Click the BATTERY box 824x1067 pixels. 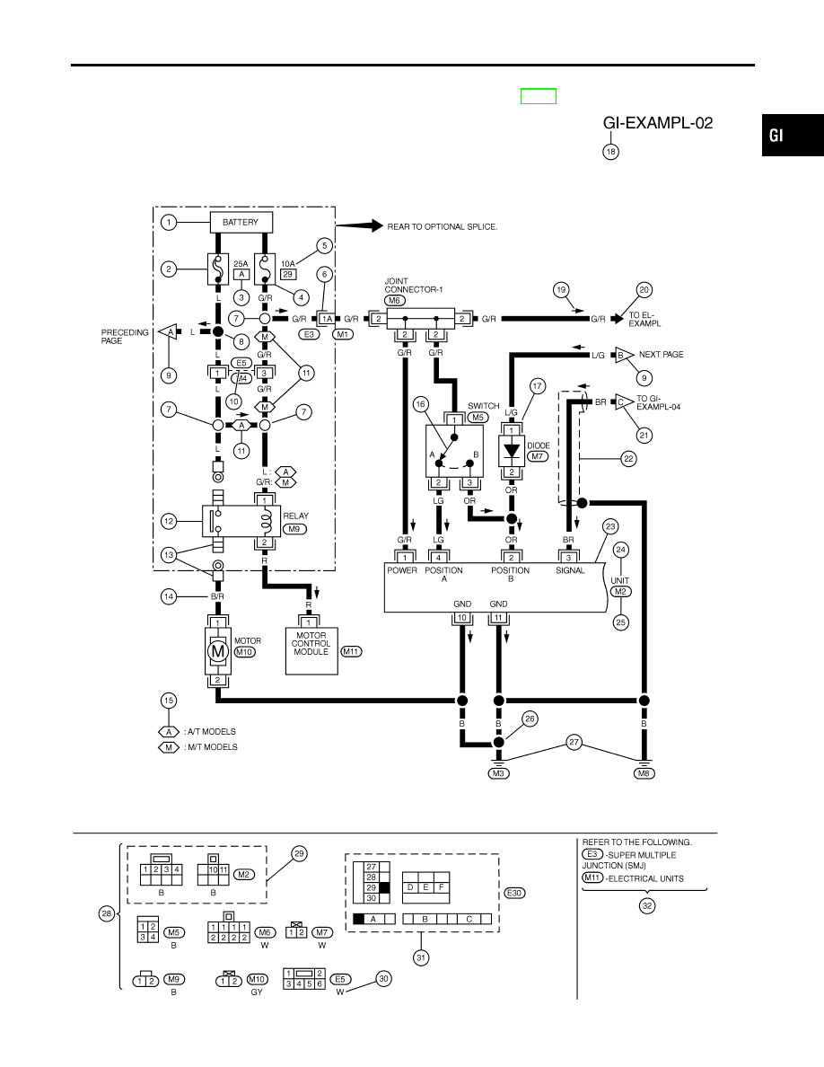240,223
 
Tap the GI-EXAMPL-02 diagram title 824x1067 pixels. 657,123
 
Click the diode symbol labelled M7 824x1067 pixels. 512,451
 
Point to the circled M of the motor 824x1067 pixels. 217,652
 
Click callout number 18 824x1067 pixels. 610,152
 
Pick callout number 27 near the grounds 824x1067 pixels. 574,743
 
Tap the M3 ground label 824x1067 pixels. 498,773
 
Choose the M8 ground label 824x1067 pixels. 644,773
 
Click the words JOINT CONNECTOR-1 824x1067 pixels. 414,285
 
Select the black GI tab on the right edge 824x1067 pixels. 793,135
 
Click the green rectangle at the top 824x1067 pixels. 539,97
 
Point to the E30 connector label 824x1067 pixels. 514,894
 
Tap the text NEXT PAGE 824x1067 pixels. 661,355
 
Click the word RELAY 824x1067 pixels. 295,516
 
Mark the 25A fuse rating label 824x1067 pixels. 241,264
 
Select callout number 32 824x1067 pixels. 647,905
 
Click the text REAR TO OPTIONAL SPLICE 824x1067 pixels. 443,226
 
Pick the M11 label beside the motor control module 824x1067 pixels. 351,652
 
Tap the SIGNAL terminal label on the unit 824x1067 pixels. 570,571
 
